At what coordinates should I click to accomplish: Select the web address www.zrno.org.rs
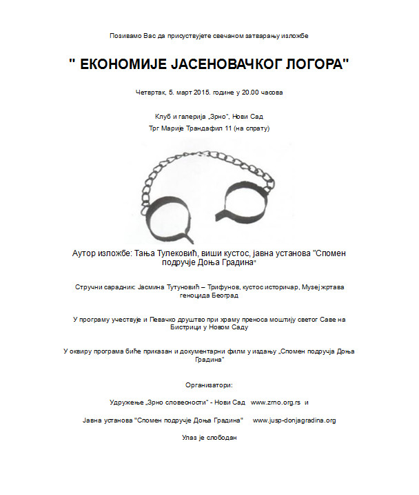coord(276,402)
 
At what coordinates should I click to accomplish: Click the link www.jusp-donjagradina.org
coord(294,420)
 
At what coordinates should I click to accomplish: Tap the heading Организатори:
coord(209,384)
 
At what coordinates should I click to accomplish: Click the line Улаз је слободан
coord(209,437)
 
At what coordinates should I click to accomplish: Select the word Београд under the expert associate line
coord(224,295)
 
